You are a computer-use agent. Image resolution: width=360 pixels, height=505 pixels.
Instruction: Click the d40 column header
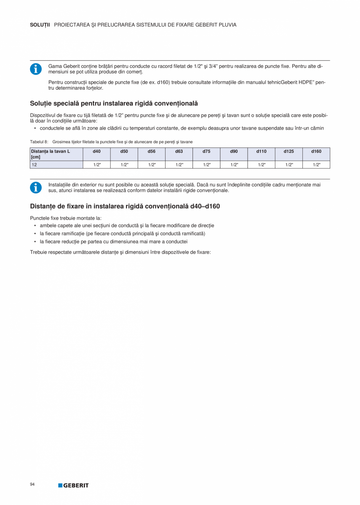97,151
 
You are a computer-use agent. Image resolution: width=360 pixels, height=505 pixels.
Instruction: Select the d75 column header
207,151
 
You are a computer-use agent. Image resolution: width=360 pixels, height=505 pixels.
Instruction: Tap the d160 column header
316,151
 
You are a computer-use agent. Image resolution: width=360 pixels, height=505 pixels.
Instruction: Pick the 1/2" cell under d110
261,165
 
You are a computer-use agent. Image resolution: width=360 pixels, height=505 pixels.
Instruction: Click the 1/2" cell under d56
152,165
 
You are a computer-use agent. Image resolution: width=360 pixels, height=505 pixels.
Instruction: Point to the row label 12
34,165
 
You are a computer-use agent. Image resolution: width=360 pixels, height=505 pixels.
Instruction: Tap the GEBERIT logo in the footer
74,485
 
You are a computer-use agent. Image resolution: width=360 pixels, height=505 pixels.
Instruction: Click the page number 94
32,485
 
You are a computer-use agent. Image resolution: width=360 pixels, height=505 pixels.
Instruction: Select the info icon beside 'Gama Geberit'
36,69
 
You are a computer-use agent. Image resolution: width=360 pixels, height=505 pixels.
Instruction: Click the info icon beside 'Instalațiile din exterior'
36,188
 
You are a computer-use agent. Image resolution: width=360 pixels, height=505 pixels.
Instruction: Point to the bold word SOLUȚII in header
40,25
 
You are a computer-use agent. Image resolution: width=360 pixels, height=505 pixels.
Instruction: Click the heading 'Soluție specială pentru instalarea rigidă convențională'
114,103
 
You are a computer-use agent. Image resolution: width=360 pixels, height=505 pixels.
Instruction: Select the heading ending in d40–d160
125,206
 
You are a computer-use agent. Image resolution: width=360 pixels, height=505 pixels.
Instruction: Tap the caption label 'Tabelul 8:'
39,142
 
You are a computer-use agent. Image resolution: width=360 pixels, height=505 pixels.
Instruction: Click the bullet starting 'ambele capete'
127,225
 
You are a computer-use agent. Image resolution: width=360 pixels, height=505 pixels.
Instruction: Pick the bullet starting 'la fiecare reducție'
113,242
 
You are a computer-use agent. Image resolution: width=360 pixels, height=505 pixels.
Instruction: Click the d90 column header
234,151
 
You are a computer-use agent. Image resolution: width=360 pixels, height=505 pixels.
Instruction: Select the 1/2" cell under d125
289,165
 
